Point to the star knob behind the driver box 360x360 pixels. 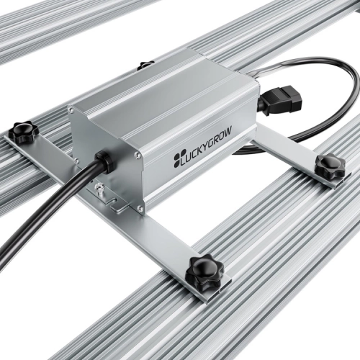(x=146, y=64)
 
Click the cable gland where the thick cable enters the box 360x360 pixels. (x=104, y=163)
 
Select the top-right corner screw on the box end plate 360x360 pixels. (x=137, y=155)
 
